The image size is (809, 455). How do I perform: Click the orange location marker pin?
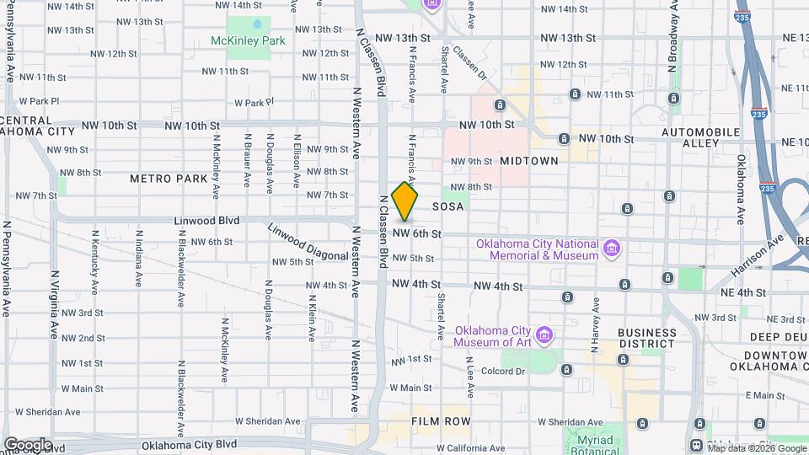(405, 201)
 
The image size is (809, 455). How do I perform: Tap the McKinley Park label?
(249, 40)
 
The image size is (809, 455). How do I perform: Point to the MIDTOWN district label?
(529, 160)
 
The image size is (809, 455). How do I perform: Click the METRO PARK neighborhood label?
(169, 179)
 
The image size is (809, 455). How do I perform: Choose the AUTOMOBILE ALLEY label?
(700, 138)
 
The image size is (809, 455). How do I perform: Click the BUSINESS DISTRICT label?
(646, 338)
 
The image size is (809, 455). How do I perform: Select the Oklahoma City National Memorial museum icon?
(613, 249)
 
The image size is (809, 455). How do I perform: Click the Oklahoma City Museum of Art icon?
(545, 335)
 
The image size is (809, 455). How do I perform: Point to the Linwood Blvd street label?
(206, 221)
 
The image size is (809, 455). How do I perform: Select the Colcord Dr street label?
(503, 370)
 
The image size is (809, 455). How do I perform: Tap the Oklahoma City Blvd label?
(189, 445)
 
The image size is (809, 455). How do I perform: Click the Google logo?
(28, 444)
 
